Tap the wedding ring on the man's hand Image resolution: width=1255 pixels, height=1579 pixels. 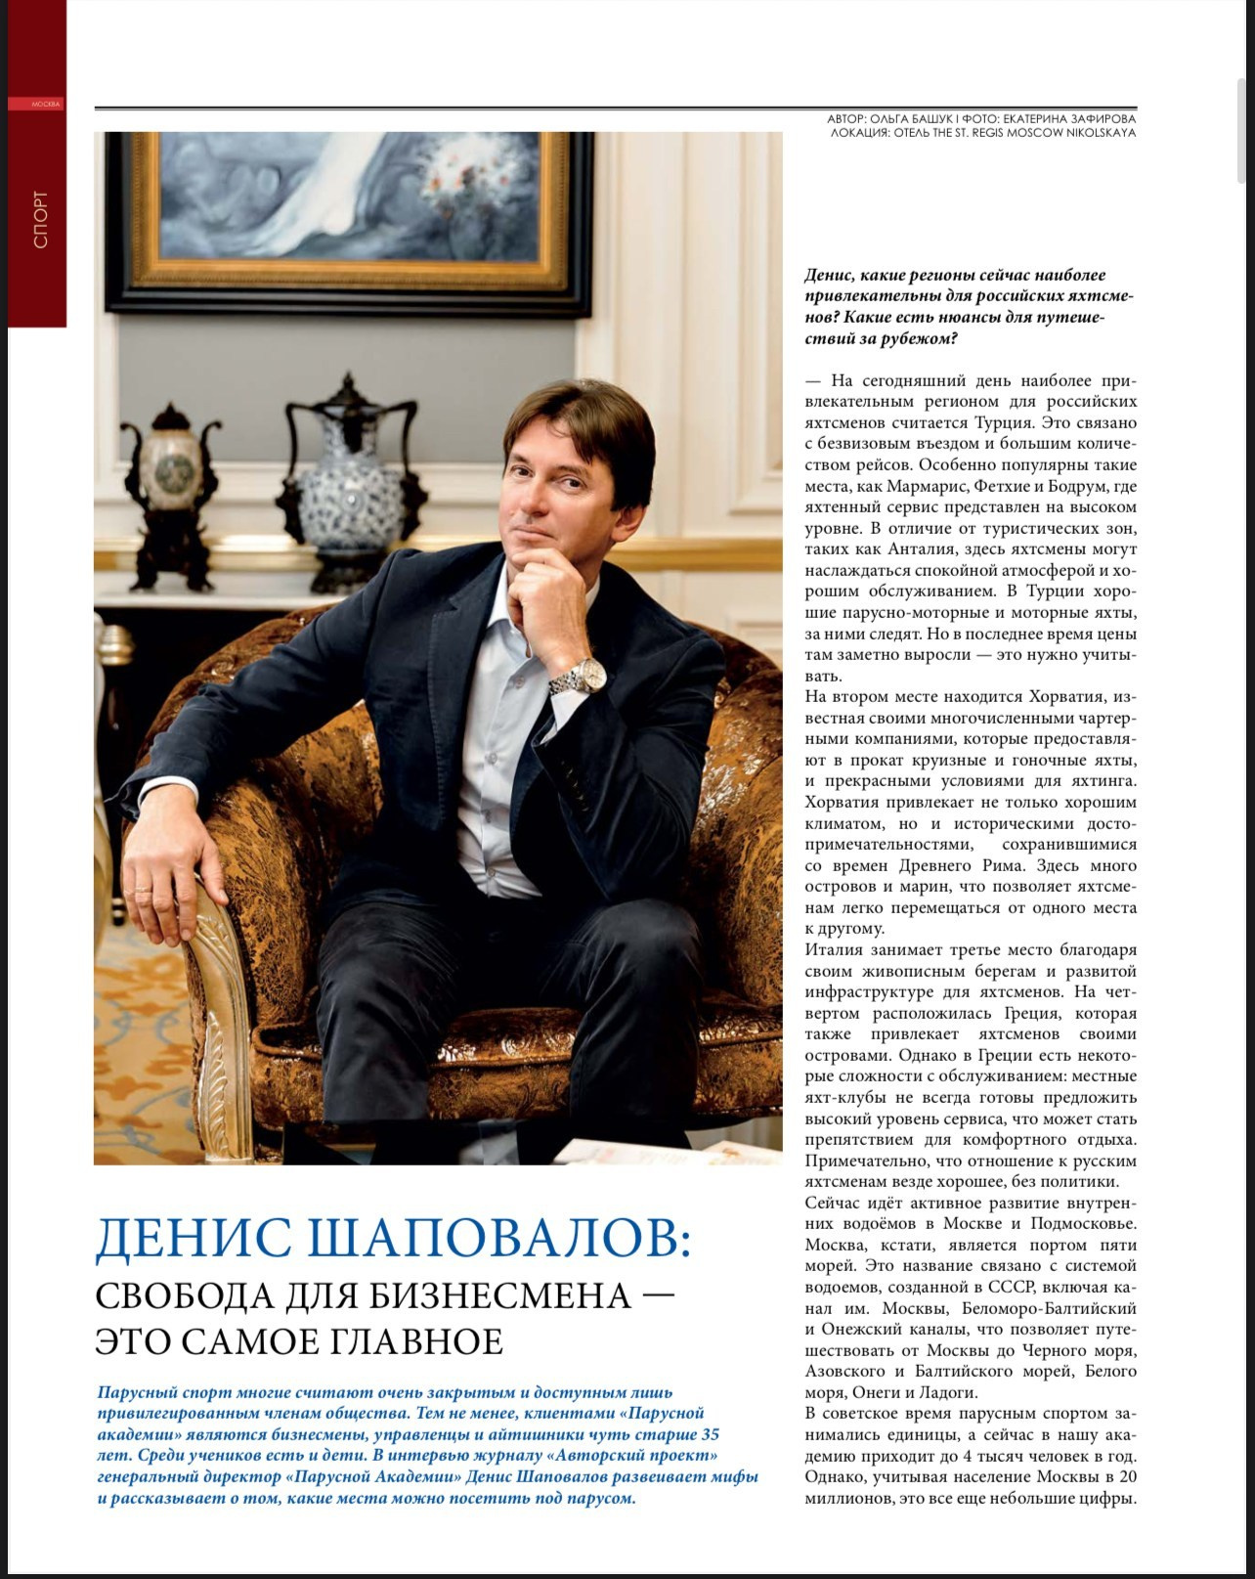coord(143,891)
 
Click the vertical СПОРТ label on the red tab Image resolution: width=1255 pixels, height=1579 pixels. coord(40,219)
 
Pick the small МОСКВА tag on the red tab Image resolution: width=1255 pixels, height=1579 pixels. coord(46,104)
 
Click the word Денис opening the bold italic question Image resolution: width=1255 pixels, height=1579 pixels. coord(832,276)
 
